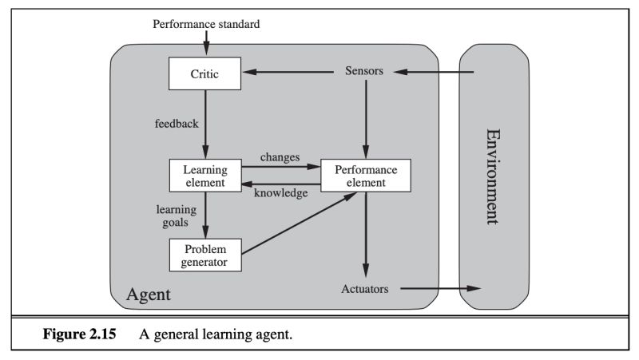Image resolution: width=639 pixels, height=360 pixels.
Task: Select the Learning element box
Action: pos(205,176)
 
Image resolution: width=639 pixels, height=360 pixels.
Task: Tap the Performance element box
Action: pos(366,176)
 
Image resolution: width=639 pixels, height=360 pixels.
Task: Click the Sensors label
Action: pos(366,72)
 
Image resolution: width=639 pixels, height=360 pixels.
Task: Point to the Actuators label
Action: pos(365,289)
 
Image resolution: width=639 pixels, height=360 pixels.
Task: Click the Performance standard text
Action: pos(206,24)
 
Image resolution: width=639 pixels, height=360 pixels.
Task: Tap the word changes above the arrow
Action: pos(279,158)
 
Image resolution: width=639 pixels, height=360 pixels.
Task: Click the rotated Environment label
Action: pos(494,176)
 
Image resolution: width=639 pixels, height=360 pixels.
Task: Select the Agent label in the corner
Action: pos(148,296)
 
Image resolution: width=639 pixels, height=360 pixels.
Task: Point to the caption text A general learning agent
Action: pos(216,334)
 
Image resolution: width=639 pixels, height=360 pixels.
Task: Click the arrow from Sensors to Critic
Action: pos(292,73)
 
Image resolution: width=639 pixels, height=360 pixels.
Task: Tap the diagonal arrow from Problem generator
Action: pos(296,224)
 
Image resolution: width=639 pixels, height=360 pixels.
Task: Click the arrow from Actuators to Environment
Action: pos(439,288)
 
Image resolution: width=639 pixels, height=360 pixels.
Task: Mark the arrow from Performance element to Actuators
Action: pos(366,231)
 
